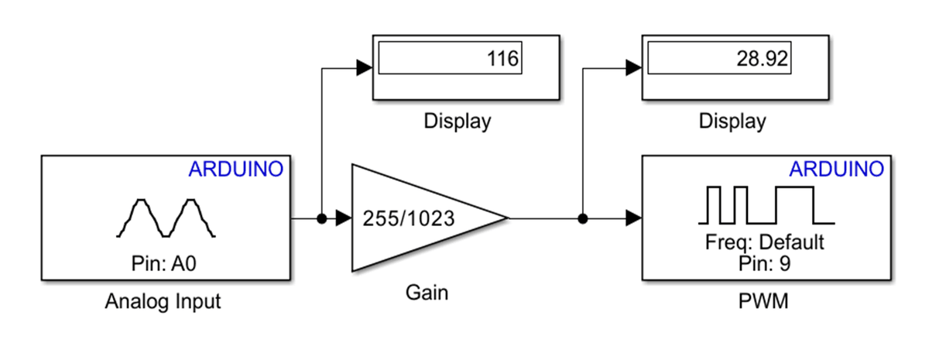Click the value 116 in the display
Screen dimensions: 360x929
tap(503, 59)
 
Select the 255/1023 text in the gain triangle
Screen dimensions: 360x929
tap(409, 219)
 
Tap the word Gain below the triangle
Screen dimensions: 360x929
tap(427, 293)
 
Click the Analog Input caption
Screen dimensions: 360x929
tap(163, 300)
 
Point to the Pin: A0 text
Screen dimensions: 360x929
tap(165, 263)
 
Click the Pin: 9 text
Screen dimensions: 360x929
tap(763, 262)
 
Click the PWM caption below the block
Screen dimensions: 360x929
tap(764, 300)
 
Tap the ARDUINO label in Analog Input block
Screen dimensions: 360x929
tap(236, 169)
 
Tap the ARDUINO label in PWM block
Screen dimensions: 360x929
tap(836, 169)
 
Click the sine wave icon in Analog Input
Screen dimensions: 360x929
tap(166, 217)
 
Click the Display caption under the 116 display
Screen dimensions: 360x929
tap(457, 122)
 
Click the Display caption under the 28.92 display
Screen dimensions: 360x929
tap(732, 122)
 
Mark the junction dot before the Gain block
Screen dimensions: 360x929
tap(321, 218)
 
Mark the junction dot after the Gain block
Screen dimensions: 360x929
tap(583, 218)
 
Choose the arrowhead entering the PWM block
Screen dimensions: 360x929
tap(633, 218)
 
